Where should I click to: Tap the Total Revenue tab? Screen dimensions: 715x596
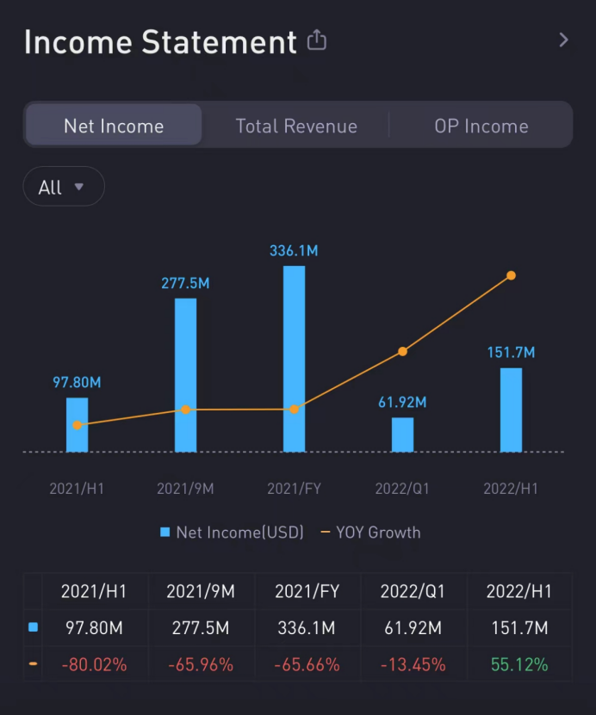coord(296,126)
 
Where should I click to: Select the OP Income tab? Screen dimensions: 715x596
coord(481,126)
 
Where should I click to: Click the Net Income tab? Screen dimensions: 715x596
coord(114,126)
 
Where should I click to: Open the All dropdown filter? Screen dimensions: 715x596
coord(63,187)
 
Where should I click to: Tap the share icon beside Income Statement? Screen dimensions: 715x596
coord(317,40)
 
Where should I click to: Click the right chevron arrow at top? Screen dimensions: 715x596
coord(563,40)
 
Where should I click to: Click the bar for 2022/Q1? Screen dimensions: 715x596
coord(402,435)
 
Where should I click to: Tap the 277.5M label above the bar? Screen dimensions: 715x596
coord(185,283)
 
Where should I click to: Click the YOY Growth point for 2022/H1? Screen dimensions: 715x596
coord(511,275)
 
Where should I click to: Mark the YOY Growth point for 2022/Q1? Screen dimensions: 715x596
coord(402,351)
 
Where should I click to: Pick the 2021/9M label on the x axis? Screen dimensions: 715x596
coord(185,489)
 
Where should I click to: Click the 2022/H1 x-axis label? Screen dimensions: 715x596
coord(511,489)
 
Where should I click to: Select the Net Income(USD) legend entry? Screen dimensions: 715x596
coord(232,532)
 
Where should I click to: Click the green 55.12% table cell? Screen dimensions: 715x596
coord(519,664)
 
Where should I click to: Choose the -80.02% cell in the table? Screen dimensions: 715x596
coord(95,664)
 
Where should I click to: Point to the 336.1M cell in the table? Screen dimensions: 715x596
coord(306,628)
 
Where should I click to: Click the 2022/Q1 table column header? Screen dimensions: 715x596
coord(413,592)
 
